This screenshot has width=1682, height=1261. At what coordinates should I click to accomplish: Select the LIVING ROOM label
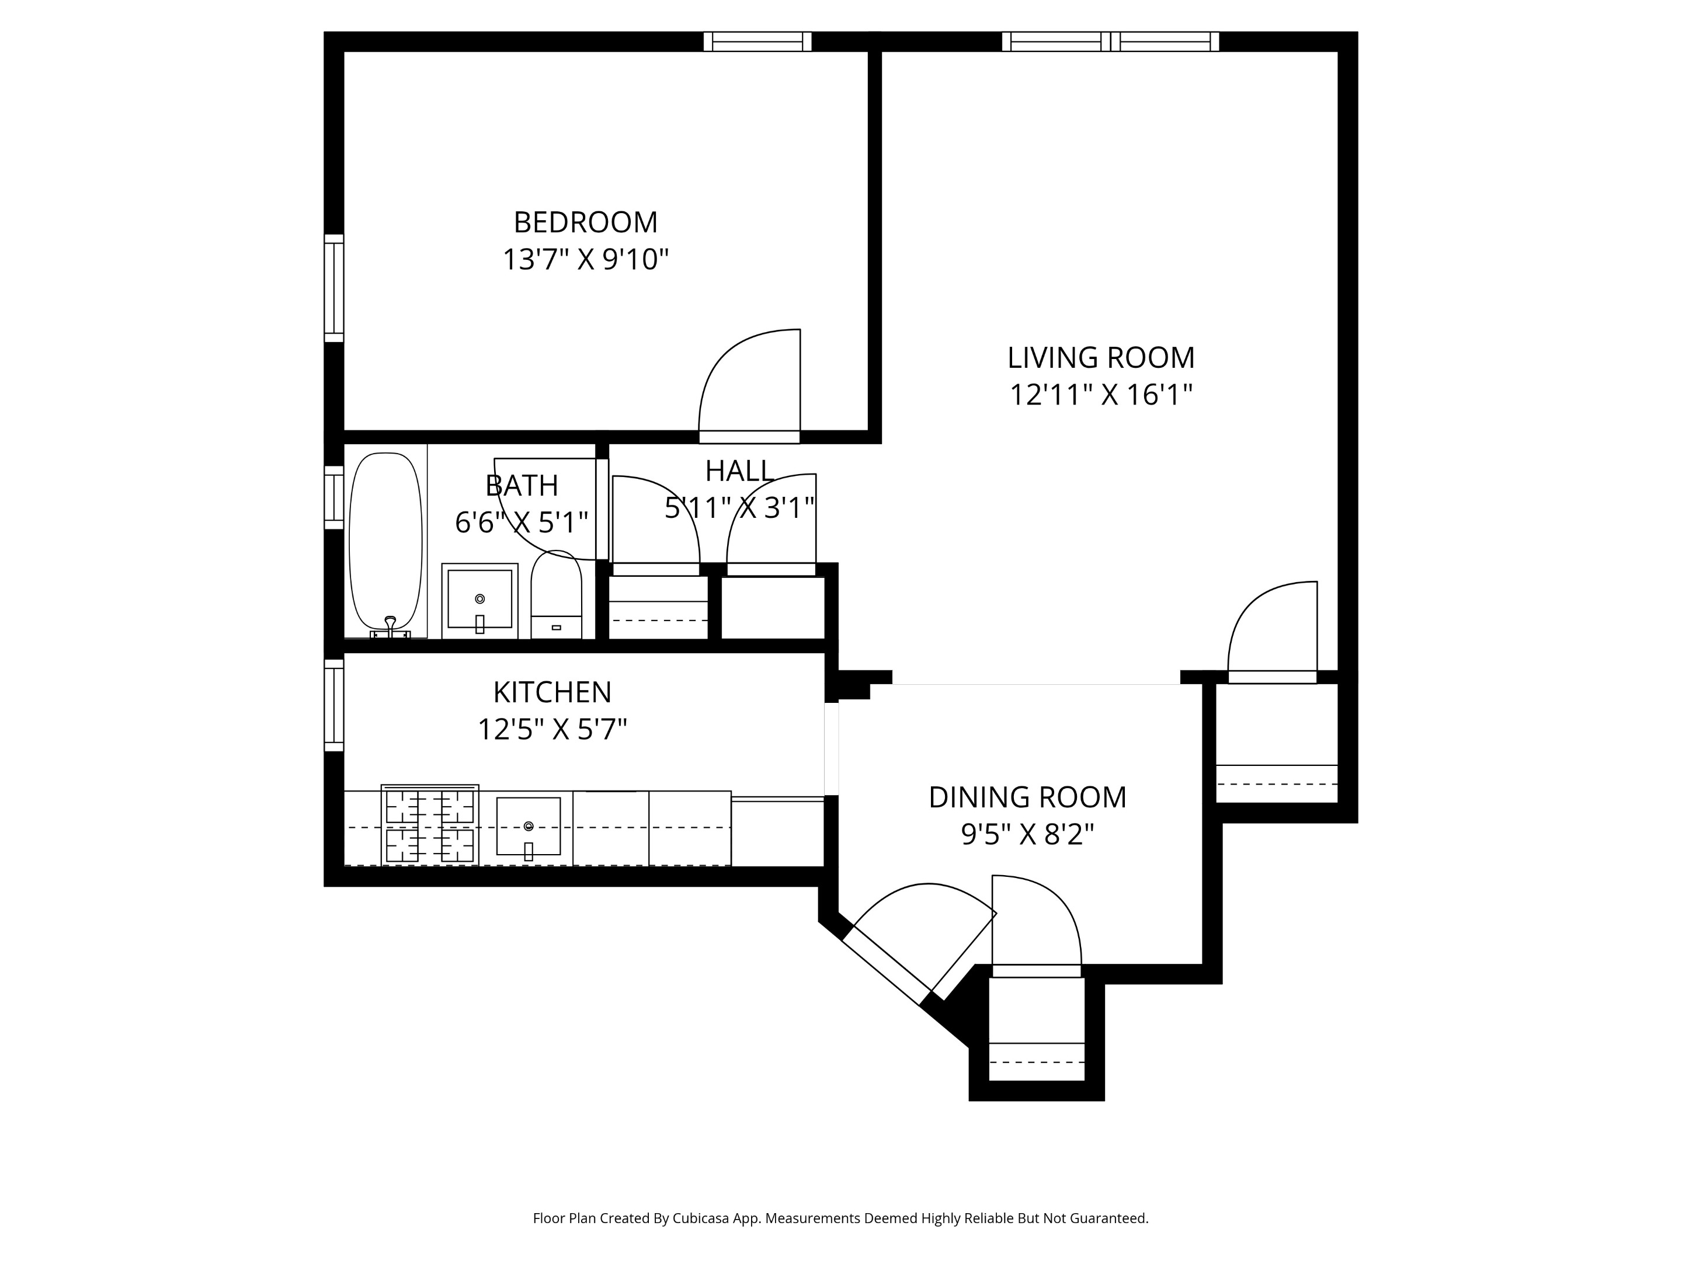1100,358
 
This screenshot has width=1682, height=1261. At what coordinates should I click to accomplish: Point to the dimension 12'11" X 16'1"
1100,395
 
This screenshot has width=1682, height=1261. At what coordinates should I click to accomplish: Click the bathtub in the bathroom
385,541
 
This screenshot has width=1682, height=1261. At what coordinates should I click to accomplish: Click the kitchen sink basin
528,826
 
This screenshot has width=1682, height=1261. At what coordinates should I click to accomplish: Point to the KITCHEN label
552,692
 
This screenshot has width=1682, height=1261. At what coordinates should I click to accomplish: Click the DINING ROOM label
1027,797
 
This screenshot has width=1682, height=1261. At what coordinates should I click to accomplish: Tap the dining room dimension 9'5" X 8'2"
1027,835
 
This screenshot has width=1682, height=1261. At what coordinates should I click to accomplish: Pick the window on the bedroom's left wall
334,288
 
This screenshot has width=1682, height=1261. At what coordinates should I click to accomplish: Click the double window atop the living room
1110,42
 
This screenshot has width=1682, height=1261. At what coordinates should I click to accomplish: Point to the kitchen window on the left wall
334,705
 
